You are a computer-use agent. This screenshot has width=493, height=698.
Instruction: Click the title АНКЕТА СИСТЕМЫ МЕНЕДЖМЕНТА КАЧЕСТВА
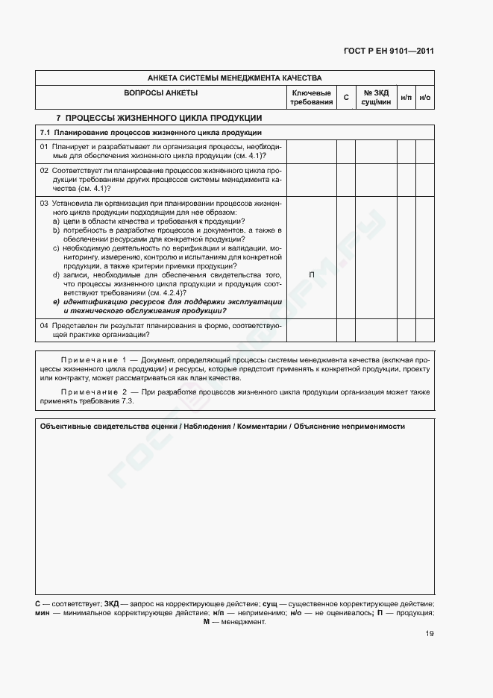click(234, 78)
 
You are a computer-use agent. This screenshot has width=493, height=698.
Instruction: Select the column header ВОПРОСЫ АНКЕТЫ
click(161, 92)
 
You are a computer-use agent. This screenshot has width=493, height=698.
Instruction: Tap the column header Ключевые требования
click(311, 97)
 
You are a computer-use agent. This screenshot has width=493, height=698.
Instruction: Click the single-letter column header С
click(345, 98)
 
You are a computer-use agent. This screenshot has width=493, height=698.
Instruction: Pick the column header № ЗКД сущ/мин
click(376, 97)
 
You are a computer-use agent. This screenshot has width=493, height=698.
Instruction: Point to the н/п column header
click(406, 98)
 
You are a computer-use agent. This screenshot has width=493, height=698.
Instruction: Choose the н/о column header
click(425, 98)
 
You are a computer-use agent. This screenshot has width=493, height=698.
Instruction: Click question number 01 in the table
click(44, 146)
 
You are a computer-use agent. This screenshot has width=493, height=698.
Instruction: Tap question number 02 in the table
click(44, 171)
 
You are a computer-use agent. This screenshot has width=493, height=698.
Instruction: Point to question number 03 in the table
click(44, 203)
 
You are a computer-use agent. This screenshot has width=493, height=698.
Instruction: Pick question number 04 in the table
click(44, 326)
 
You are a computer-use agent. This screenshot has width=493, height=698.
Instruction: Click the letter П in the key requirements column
click(311, 275)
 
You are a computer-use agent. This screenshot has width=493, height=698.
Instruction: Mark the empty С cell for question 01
click(345, 151)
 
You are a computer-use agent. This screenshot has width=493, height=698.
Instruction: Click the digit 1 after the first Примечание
click(125, 359)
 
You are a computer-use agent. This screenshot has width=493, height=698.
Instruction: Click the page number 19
click(429, 634)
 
